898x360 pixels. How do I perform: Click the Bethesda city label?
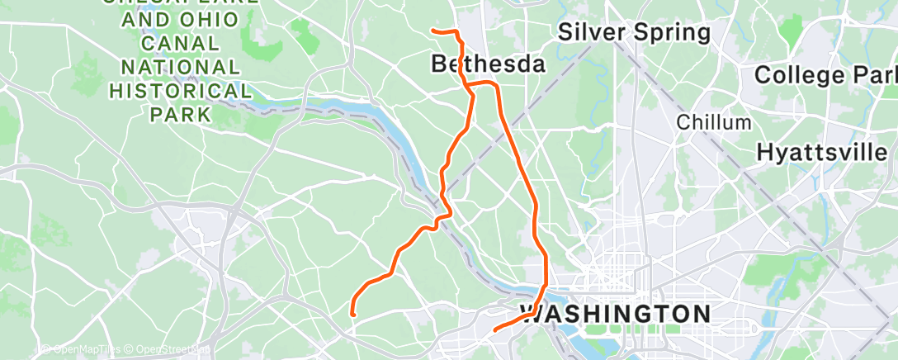point(489,64)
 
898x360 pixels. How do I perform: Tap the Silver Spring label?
point(634,32)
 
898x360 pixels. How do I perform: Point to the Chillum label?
point(714,123)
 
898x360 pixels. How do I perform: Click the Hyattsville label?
point(822,153)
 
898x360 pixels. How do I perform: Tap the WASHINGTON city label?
point(615,314)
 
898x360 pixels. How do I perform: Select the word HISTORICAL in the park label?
point(181,91)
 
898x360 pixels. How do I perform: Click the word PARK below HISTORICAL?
point(181,114)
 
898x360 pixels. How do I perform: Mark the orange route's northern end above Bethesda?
point(432,31)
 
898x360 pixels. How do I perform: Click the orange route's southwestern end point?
point(353,314)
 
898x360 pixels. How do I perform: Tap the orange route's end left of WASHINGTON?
point(494,330)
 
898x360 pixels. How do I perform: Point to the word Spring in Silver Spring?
point(673,33)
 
